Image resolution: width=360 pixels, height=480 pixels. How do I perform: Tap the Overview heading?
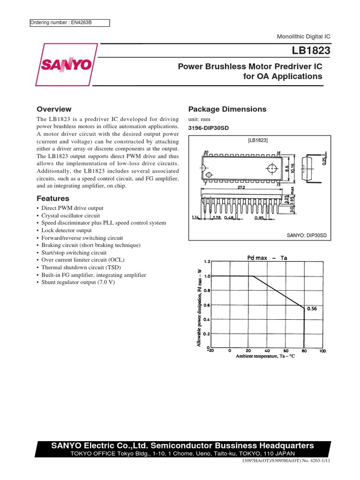pyautogui.click(x=54, y=109)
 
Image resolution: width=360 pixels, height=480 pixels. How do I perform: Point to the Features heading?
pyautogui.click(x=53, y=198)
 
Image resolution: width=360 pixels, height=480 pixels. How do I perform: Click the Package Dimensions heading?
pyautogui.click(x=227, y=109)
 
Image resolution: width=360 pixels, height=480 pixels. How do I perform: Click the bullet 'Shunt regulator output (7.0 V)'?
pyautogui.click(x=78, y=283)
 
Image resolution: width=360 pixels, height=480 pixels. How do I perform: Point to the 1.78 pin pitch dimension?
pyautogui.click(x=217, y=217)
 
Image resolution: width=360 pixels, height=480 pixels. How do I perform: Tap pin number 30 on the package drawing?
pyautogui.click(x=206, y=152)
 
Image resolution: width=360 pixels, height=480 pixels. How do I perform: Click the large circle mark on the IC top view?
pyautogui.click(x=271, y=168)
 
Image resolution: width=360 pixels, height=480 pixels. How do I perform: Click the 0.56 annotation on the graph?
pyautogui.click(x=312, y=309)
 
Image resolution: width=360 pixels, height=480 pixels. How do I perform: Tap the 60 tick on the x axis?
pyautogui.click(x=286, y=350)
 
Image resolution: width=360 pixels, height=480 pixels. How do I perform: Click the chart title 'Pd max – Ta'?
pyautogui.click(x=267, y=258)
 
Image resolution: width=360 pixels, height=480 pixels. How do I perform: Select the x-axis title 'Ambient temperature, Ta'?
pyautogui.click(x=265, y=356)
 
